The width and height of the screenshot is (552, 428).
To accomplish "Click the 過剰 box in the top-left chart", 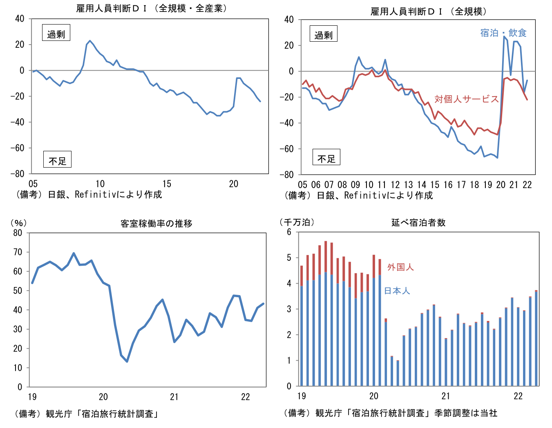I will [x=56, y=33].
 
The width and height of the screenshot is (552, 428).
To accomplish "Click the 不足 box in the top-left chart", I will [x=57, y=160].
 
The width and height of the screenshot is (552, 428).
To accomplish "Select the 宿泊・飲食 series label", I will [x=503, y=33].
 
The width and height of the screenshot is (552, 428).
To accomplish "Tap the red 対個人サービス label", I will [x=466, y=99].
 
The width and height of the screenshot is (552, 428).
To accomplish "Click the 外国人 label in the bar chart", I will [x=400, y=267].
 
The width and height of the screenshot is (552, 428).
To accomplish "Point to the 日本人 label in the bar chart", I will [x=397, y=291].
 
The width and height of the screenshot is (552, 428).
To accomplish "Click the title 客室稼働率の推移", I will [x=156, y=224].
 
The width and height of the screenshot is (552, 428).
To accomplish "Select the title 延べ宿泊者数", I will [x=418, y=222].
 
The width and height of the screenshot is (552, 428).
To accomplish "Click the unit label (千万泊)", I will [x=297, y=222].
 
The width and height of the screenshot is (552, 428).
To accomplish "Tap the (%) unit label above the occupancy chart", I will [x=18, y=223].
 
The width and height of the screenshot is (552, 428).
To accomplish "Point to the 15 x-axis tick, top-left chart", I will [x=167, y=184].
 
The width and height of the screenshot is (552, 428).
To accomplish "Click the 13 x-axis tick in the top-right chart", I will [x=408, y=185].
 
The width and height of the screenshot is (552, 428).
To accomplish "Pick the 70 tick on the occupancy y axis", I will [x=18, y=252].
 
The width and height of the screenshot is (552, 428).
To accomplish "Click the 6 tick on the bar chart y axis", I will [x=289, y=232].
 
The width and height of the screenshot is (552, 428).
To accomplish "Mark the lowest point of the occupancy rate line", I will [x=127, y=361].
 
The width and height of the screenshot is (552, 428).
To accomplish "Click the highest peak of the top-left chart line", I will [x=90, y=41].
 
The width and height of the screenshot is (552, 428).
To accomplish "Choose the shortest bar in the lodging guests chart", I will [x=398, y=373].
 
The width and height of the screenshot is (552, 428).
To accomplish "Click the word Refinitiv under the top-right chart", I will [x=365, y=196].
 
